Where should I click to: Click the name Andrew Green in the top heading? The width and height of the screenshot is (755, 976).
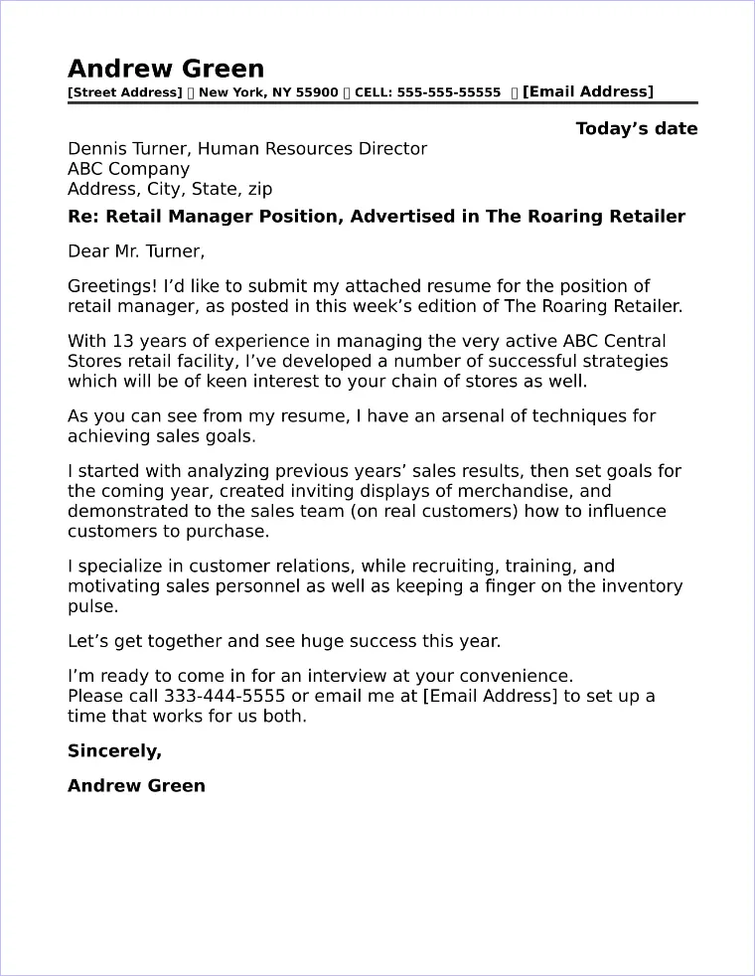coord(166,69)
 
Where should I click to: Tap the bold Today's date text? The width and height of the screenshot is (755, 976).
coord(636,128)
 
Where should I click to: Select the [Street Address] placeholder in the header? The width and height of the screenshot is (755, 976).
coord(124,92)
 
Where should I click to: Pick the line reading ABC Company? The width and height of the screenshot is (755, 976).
coord(128,169)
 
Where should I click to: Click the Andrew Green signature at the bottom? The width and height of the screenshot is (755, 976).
coord(136,785)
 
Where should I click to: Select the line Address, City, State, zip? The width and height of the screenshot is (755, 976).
coord(170,189)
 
